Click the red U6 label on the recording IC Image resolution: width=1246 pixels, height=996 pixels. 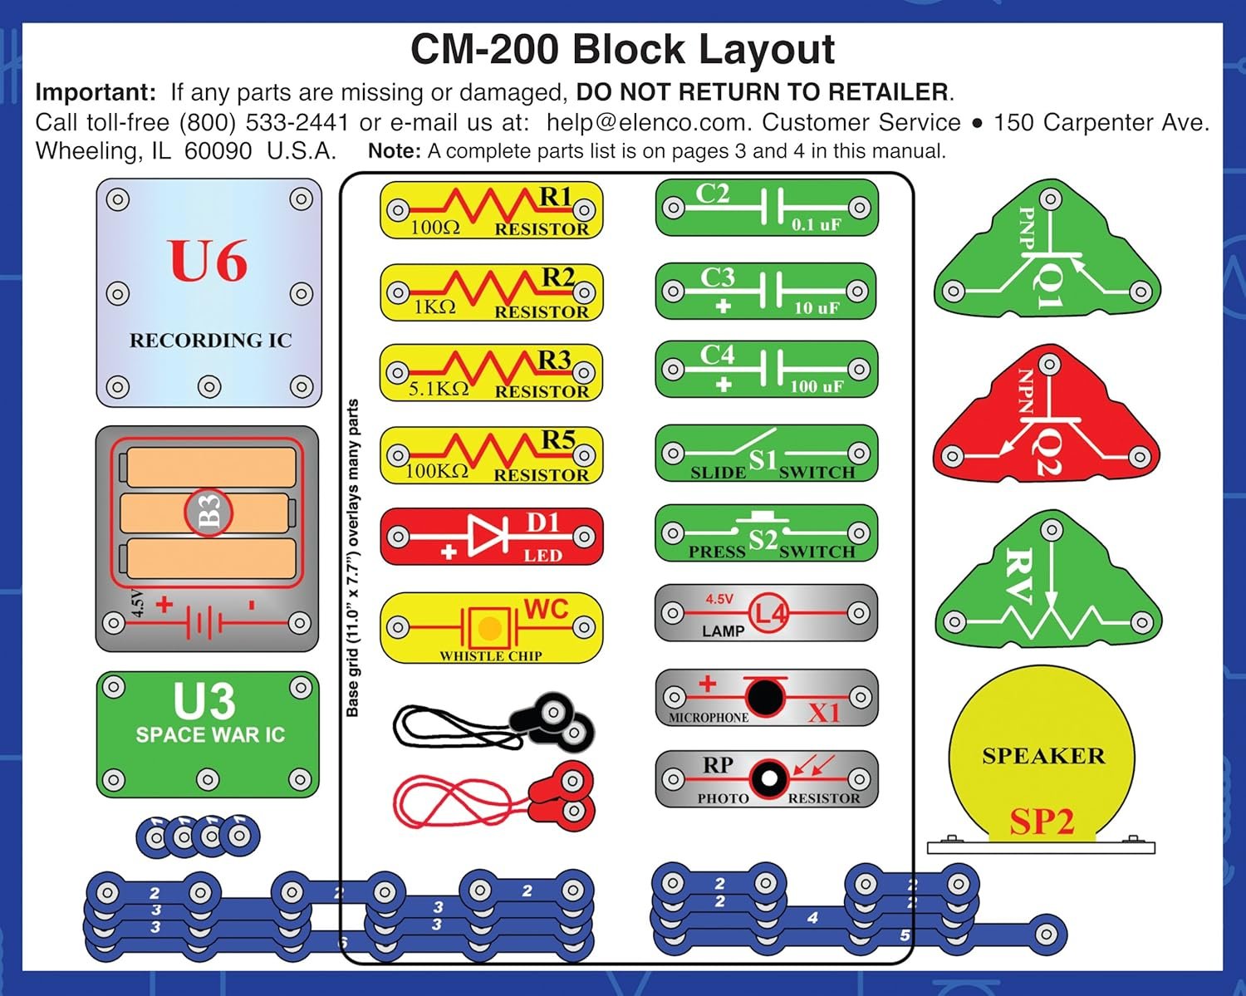(x=208, y=261)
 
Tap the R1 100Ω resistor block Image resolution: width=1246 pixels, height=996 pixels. (x=491, y=210)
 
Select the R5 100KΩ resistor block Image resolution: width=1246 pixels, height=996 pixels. (x=491, y=456)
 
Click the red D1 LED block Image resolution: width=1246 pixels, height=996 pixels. (x=491, y=537)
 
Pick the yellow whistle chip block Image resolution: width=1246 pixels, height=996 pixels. (x=491, y=627)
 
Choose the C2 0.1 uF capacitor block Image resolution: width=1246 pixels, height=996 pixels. (x=766, y=208)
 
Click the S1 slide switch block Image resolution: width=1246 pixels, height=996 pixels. (x=766, y=454)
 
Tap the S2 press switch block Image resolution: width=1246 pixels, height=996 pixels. (x=766, y=533)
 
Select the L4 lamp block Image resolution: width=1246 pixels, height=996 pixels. (x=766, y=614)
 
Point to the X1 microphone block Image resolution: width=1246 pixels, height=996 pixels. (x=766, y=698)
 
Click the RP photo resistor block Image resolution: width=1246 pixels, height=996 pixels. (x=766, y=779)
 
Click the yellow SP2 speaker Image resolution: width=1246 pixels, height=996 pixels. (x=1042, y=756)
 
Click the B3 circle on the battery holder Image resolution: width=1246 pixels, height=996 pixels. (x=208, y=512)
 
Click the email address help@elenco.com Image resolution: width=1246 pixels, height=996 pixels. (x=646, y=123)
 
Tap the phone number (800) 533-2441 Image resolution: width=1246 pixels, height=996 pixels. (x=264, y=123)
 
